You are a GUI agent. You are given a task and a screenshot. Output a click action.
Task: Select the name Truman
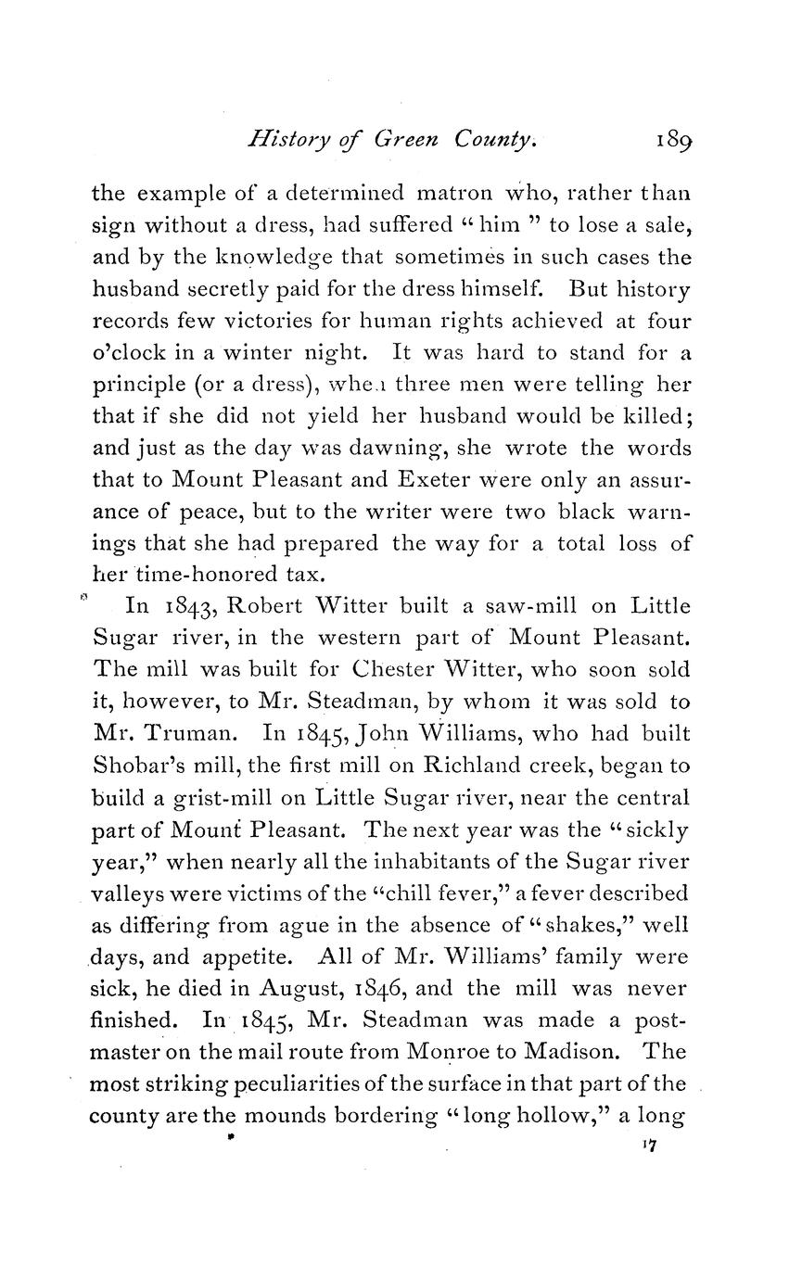point(194,734)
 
